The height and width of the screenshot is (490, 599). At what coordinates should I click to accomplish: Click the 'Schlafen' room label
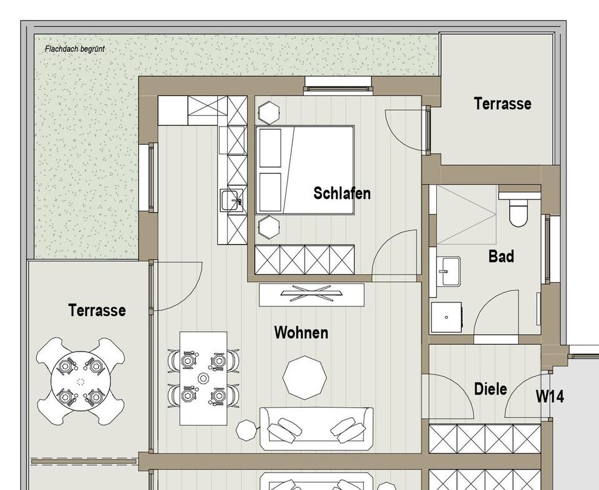(341, 193)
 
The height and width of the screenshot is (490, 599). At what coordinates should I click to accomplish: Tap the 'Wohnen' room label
(301, 333)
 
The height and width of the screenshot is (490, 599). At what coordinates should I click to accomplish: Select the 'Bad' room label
(501, 256)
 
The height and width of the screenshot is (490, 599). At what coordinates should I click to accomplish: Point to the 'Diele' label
(490, 390)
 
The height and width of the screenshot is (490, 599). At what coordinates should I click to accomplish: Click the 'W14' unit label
(550, 396)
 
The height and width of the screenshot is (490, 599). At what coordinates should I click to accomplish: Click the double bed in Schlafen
(304, 170)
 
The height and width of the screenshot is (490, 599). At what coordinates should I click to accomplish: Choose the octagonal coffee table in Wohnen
(304, 377)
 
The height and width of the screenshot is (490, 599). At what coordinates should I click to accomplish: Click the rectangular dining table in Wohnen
(203, 378)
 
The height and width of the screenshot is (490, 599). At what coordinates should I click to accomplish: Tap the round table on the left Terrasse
(80, 381)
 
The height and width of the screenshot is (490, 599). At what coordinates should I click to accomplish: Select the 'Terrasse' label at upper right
(502, 103)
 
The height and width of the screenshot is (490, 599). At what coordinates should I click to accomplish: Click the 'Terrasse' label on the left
(97, 310)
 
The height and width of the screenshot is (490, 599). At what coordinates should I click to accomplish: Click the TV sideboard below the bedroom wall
(311, 294)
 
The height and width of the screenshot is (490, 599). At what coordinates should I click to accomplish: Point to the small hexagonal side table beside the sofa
(247, 430)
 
